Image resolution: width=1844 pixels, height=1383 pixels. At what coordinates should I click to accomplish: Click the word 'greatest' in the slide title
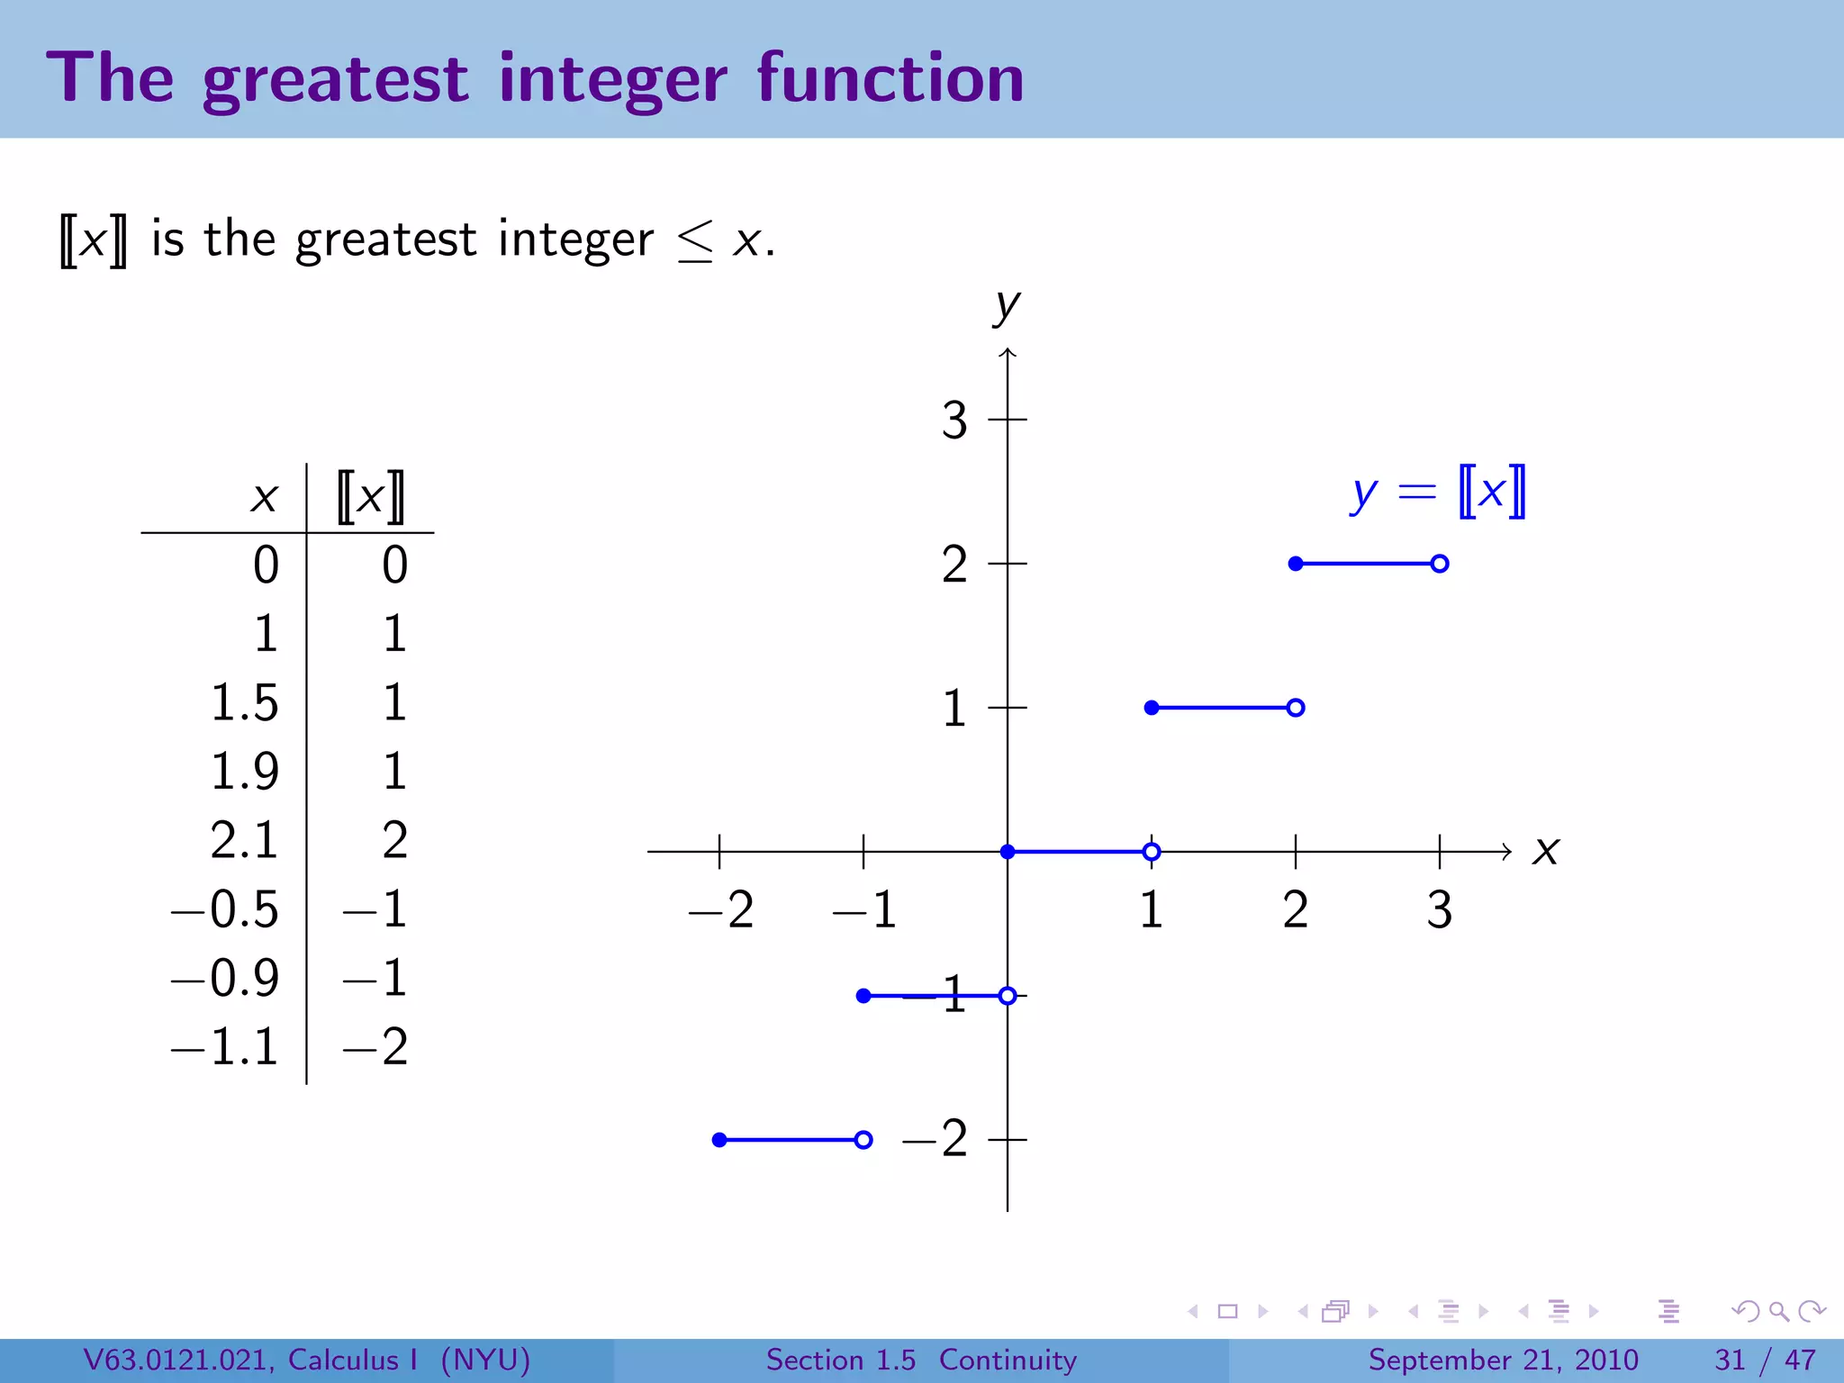(335, 79)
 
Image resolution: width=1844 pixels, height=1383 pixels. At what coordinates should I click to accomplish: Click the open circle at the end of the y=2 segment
(1439, 564)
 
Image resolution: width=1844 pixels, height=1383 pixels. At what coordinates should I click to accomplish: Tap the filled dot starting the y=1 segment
(1152, 708)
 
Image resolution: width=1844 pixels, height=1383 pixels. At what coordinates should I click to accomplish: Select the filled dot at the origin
(1008, 852)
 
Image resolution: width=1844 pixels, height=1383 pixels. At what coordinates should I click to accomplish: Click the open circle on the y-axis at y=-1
(1008, 996)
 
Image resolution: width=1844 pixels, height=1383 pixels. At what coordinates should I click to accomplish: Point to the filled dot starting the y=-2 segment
(719, 1140)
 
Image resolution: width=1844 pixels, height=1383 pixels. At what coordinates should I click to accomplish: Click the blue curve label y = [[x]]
(1438, 493)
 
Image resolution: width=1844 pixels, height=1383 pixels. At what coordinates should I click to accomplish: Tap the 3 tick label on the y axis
(954, 420)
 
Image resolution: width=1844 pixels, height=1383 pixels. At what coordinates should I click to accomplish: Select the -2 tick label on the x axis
(720, 909)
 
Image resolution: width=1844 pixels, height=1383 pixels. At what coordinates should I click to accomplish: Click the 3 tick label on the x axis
(1439, 909)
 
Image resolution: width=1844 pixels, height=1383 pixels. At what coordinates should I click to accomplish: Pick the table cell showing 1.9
(244, 772)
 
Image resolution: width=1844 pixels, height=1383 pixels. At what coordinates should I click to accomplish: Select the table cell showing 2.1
(244, 840)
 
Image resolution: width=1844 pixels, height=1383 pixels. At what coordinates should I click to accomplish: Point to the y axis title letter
(1007, 307)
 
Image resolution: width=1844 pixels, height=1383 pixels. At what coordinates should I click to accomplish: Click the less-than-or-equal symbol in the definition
(695, 241)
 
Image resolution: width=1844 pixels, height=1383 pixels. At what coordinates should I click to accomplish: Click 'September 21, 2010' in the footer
(1503, 1360)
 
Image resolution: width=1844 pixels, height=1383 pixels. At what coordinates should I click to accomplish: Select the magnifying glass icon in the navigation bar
(1778, 1311)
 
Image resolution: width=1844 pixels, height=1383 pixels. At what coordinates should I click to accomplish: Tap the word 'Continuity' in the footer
(1008, 1360)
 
